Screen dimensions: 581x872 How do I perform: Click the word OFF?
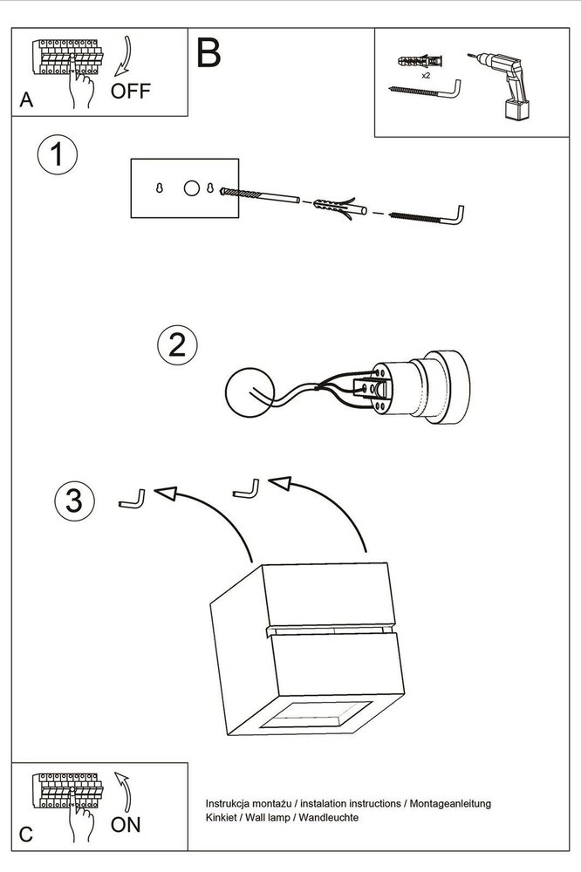[x=130, y=91]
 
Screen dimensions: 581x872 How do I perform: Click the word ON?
[x=126, y=825]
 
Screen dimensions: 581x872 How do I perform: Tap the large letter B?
[x=208, y=53]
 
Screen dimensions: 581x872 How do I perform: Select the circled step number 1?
[x=58, y=154]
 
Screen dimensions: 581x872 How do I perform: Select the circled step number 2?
[x=178, y=344]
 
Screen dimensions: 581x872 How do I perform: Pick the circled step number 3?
[x=74, y=501]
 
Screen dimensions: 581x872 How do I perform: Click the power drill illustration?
[x=502, y=85]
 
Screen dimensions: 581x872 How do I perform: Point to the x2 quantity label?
[x=426, y=75]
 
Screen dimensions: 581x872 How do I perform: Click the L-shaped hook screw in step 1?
[x=427, y=215]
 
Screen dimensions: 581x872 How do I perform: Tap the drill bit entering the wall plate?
[x=260, y=195]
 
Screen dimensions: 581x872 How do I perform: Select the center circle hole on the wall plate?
[x=191, y=188]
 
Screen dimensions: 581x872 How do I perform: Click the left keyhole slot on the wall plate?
[x=159, y=188]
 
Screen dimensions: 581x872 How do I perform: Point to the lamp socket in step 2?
[x=421, y=387]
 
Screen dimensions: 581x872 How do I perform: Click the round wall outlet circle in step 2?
[x=249, y=392]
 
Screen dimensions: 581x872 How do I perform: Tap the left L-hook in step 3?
[x=132, y=498]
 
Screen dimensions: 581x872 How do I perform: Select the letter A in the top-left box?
[x=26, y=100]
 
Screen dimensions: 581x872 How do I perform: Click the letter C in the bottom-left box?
[x=26, y=835]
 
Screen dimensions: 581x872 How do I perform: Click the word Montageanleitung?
[x=450, y=804]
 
